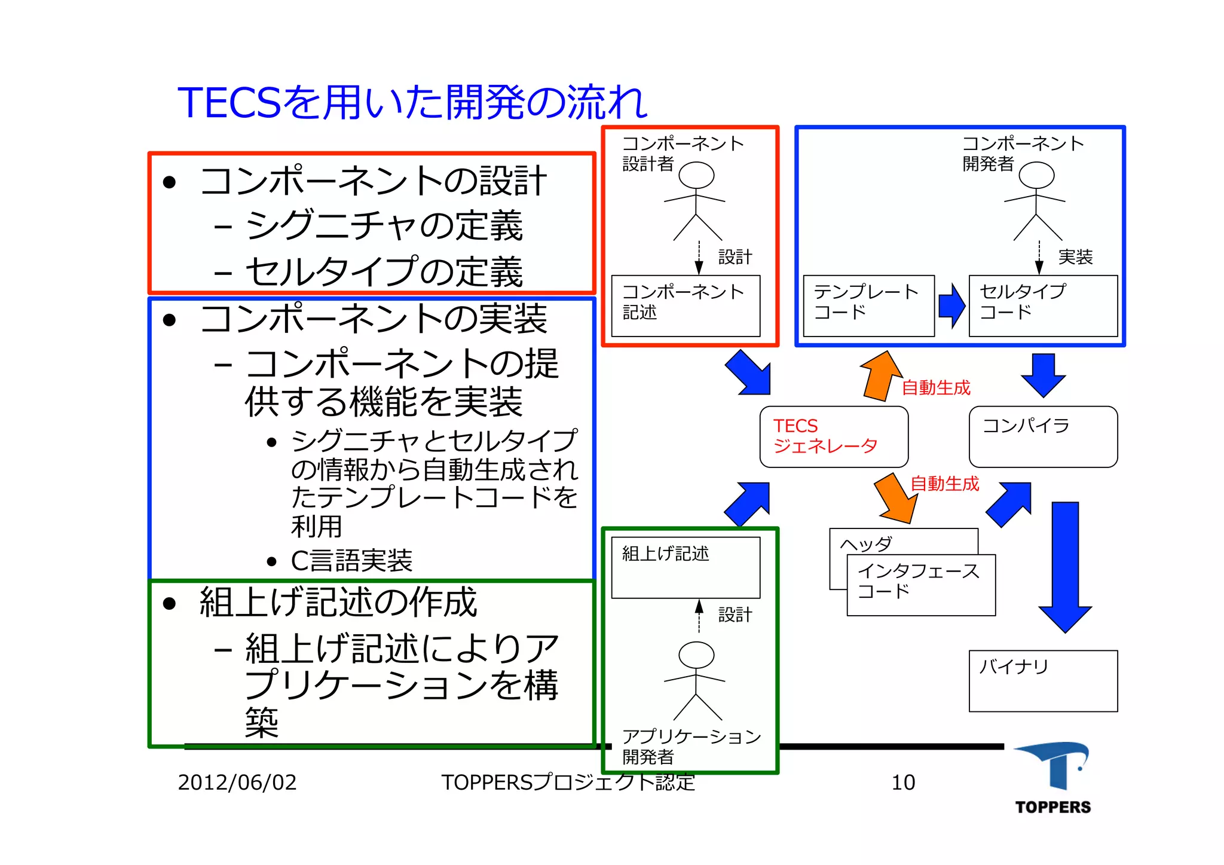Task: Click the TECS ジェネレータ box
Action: (x=834, y=436)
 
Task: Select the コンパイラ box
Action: (x=1043, y=436)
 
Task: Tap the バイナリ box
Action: (x=1043, y=681)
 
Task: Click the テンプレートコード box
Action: (x=868, y=305)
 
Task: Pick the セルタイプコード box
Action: (x=1043, y=305)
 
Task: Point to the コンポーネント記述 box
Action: (x=686, y=305)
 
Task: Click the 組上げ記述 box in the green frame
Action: (x=686, y=567)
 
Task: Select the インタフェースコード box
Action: (x=921, y=585)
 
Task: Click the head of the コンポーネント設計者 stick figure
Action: (x=696, y=175)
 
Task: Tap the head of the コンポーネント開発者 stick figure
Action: (x=1036, y=175)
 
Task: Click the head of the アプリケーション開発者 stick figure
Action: (x=696, y=655)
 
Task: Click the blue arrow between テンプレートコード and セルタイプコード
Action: (x=951, y=305)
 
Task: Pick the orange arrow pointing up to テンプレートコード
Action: (x=882, y=375)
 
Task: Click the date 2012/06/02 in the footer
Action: (x=237, y=783)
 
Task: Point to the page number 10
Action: (x=903, y=783)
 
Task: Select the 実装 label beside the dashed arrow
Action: (x=1075, y=257)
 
